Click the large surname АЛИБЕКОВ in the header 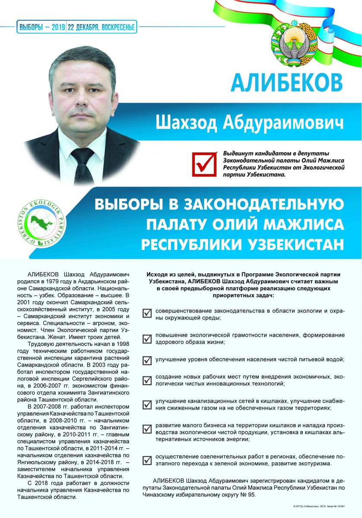(x=286, y=82)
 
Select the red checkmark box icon (x=204, y=163)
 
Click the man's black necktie (x=83, y=166)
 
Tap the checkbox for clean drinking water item (x=147, y=359)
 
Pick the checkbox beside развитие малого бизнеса (x=147, y=428)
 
